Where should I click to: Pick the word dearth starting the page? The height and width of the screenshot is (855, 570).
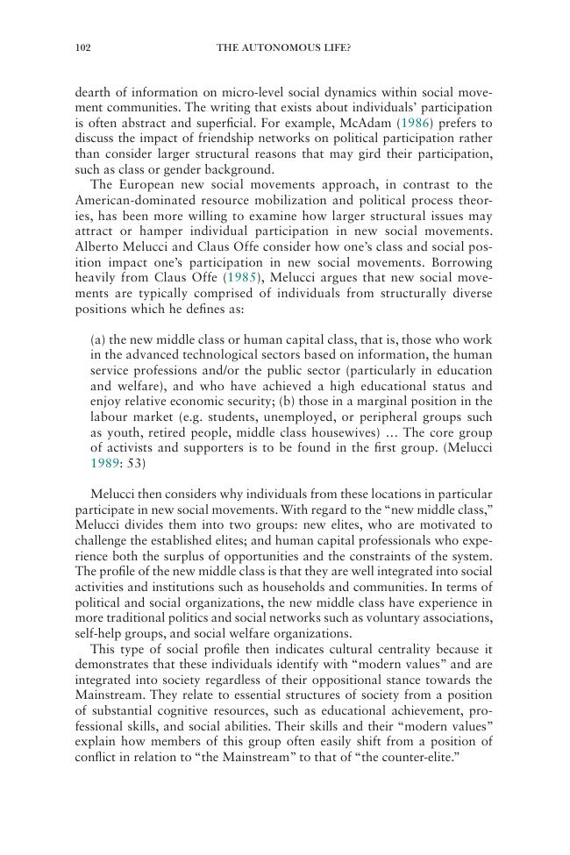(x=94, y=90)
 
